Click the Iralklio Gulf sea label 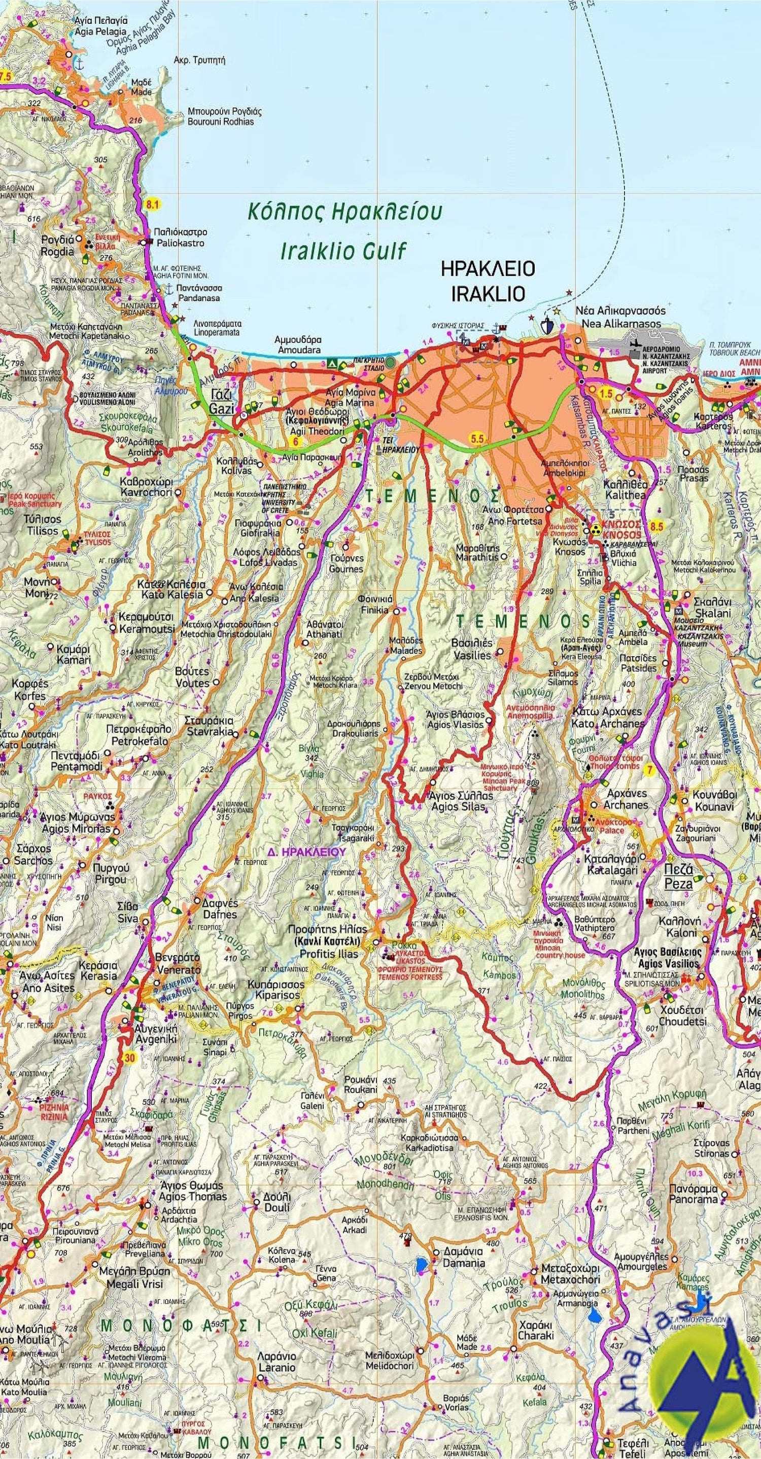click(343, 250)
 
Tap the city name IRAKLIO click(488, 293)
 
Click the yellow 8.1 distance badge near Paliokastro click(152, 205)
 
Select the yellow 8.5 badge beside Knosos click(656, 527)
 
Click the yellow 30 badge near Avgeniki click(130, 1058)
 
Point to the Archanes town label click(626, 805)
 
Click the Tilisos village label click(43, 531)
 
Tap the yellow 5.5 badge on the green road click(477, 438)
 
